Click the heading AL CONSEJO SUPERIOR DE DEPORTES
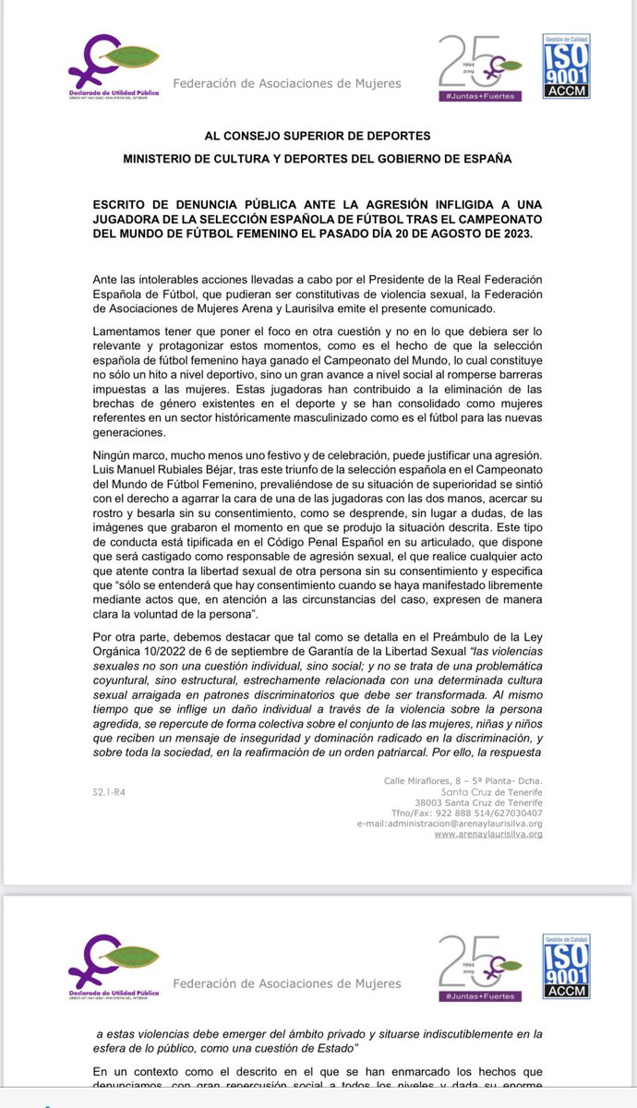318,134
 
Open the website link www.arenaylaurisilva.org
487,834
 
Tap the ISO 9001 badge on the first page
564,66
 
